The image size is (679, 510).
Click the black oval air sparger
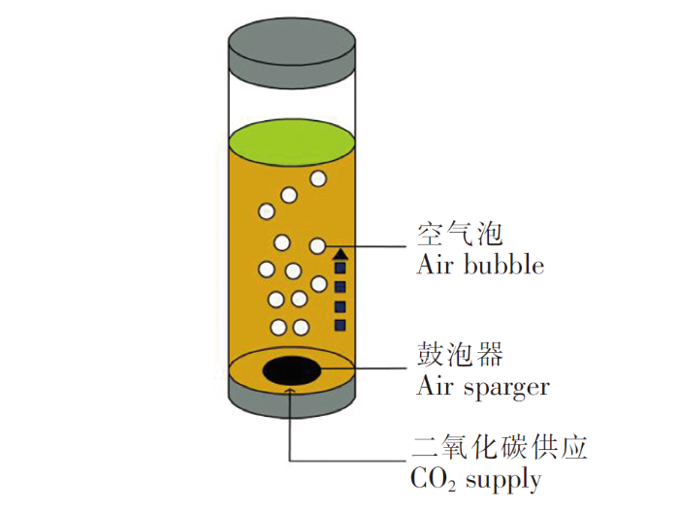(x=292, y=371)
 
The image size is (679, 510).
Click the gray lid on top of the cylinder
(x=292, y=52)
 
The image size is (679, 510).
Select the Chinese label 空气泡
(x=460, y=235)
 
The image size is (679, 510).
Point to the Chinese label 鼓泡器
(x=460, y=354)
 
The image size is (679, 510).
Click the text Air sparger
(x=483, y=386)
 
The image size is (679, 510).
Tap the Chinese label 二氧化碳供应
(x=500, y=447)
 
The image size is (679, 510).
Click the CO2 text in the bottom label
(x=433, y=480)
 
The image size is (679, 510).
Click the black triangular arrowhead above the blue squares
(x=341, y=254)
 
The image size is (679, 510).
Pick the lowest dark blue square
(x=340, y=325)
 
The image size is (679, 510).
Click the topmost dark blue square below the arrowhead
(x=340, y=268)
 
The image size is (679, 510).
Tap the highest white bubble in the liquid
(x=318, y=178)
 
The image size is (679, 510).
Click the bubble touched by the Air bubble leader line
(x=317, y=246)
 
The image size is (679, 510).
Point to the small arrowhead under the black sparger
(x=291, y=391)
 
